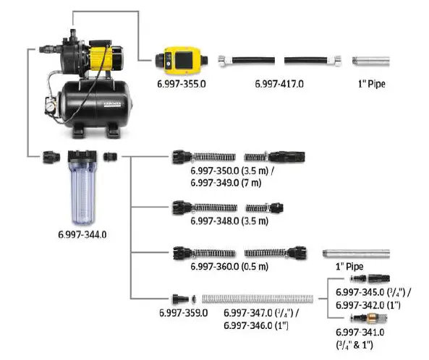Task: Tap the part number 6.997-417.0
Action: click(279, 84)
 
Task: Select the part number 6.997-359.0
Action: click(184, 312)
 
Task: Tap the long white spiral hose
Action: click(258, 298)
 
